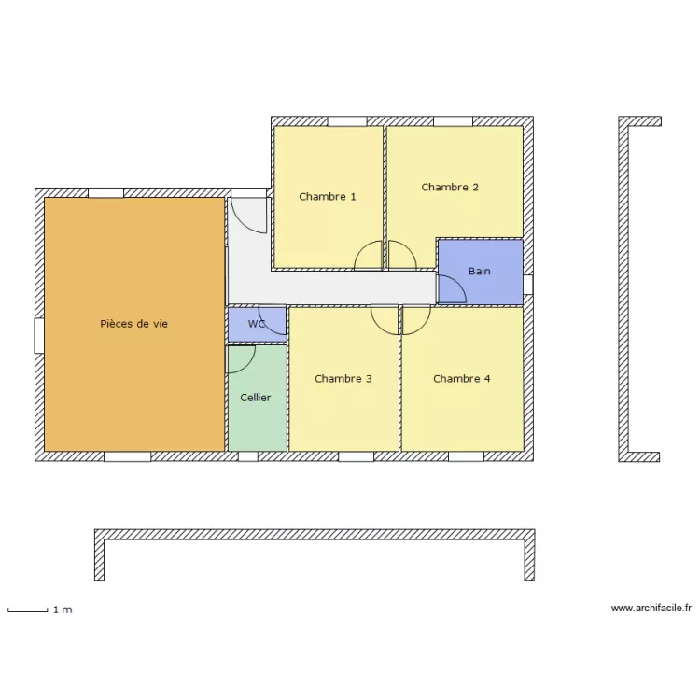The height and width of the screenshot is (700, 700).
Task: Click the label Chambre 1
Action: (x=327, y=197)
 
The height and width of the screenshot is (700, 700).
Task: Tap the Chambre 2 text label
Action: (x=450, y=188)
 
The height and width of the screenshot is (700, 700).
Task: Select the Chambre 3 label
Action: (x=343, y=379)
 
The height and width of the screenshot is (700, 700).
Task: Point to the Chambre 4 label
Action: (x=462, y=379)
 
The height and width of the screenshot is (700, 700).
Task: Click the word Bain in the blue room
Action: (x=479, y=272)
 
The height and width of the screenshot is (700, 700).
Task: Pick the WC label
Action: (x=257, y=324)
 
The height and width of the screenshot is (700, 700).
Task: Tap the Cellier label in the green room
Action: (x=255, y=398)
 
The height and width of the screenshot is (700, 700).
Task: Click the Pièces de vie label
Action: (x=133, y=324)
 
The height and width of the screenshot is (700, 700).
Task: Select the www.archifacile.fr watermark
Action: (x=651, y=609)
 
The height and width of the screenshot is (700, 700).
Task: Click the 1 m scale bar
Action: (x=28, y=610)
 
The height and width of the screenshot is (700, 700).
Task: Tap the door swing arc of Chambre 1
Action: (x=369, y=256)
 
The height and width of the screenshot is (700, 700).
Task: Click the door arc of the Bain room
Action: (x=451, y=288)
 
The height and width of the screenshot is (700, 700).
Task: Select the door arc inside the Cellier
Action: (x=241, y=359)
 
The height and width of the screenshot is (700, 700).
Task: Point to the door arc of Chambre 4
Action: (x=415, y=320)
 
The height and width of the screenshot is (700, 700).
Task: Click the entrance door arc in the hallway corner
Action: (x=249, y=216)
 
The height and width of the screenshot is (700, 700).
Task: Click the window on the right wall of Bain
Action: (x=527, y=285)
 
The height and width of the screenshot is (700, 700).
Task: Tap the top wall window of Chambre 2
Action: (x=453, y=121)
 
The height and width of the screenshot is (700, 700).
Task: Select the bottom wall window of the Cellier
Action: (x=248, y=457)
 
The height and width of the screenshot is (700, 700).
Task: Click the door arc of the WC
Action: (x=273, y=318)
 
